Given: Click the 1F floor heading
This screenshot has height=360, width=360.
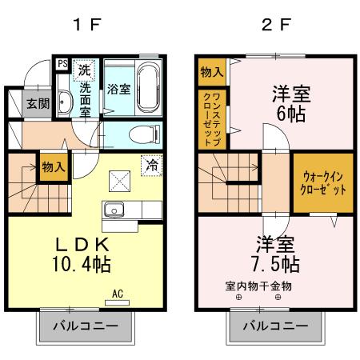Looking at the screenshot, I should point(86,24).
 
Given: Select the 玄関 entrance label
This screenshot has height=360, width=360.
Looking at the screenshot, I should point(38,103).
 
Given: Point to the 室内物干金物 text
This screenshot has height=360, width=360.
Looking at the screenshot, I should point(258,286).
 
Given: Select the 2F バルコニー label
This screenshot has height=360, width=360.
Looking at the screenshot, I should point(274,327).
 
